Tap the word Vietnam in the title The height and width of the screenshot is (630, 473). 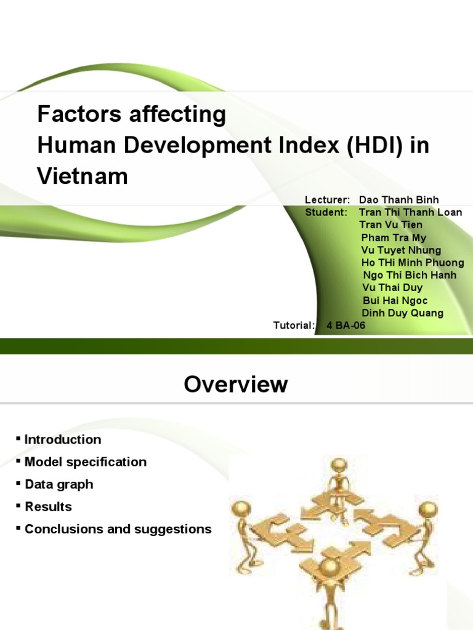click(x=83, y=177)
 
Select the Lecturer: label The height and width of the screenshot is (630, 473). click(x=327, y=200)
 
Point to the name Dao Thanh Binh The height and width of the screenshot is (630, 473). click(x=398, y=200)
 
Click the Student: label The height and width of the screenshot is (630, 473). click(x=326, y=212)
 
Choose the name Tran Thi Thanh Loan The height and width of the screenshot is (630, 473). click(x=410, y=212)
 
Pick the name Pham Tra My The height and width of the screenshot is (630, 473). click(x=394, y=237)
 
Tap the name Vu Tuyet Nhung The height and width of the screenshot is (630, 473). click(x=401, y=250)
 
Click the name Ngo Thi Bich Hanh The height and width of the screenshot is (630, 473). click(x=410, y=275)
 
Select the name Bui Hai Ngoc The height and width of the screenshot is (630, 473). click(x=395, y=300)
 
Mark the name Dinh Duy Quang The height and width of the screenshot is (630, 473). click(x=402, y=313)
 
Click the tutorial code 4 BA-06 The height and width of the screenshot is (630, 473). click(x=346, y=325)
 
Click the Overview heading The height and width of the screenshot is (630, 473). click(x=236, y=385)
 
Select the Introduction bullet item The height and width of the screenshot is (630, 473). click(x=62, y=440)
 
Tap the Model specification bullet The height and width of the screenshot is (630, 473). click(x=86, y=462)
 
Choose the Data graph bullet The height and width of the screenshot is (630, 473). click(x=59, y=484)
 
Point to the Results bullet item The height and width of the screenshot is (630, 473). click(x=48, y=507)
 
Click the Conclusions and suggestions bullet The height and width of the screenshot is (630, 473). click(x=118, y=529)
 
